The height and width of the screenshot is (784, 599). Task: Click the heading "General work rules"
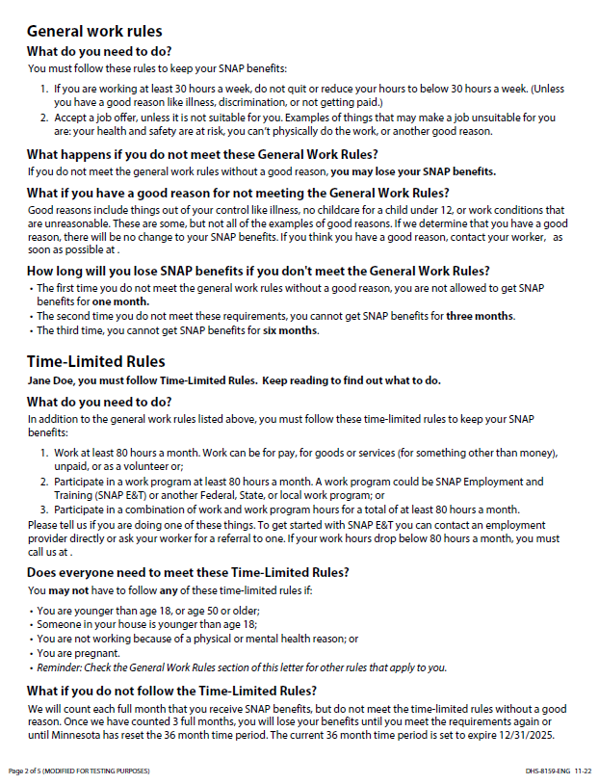[93, 32]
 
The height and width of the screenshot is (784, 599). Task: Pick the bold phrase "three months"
[480, 316]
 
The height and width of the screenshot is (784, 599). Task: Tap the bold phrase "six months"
[290, 330]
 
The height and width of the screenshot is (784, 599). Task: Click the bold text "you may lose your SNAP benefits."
[413, 171]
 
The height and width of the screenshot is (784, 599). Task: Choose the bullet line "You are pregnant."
[77, 652]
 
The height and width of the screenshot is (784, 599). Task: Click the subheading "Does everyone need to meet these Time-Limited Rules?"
[188, 572]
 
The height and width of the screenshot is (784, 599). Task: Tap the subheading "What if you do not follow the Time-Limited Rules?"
[171, 691]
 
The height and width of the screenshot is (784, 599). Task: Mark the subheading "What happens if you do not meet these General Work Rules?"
[201, 154]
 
